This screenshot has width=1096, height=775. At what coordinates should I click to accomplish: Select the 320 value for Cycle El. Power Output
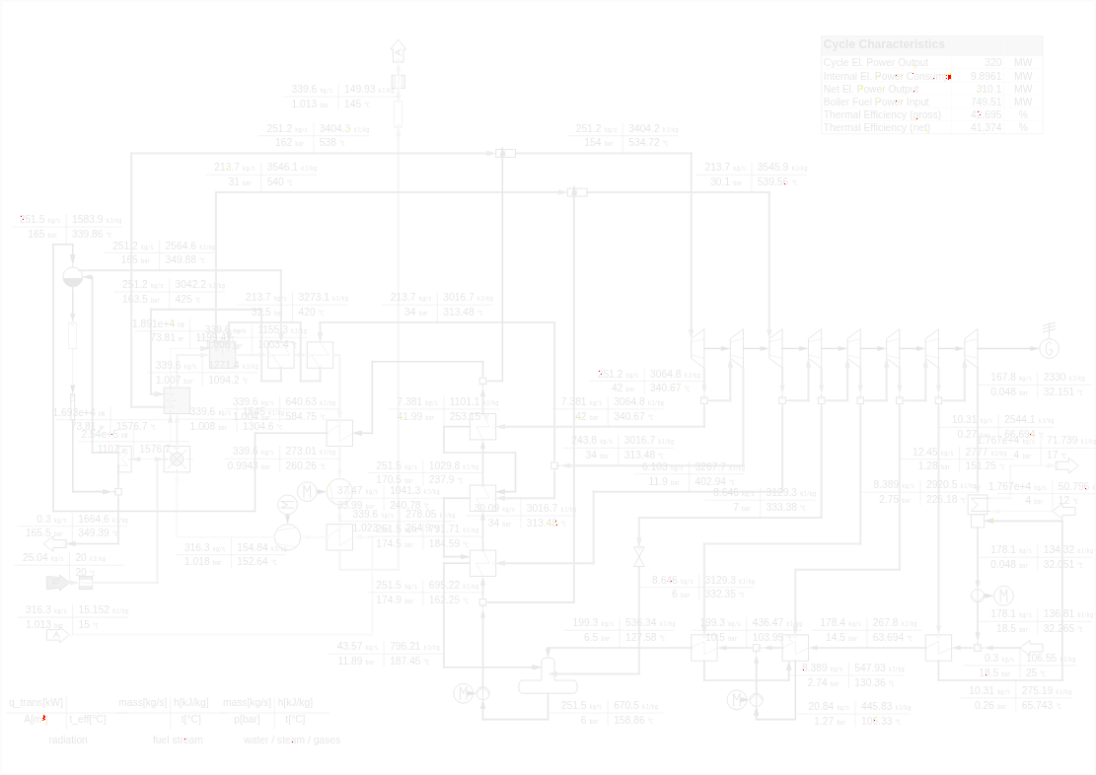(x=992, y=63)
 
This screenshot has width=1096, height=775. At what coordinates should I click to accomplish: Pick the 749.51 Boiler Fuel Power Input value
(x=986, y=102)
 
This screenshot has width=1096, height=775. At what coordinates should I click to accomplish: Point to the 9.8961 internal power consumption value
(x=986, y=76)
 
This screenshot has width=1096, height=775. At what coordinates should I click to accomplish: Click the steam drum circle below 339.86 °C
(x=72, y=277)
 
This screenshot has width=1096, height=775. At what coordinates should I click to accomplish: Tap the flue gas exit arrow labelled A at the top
(x=398, y=50)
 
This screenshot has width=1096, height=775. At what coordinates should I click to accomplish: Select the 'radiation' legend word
(x=68, y=740)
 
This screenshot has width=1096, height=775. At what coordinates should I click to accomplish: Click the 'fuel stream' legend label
(x=178, y=740)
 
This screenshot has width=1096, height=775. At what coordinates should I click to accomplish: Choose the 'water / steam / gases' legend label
(x=292, y=740)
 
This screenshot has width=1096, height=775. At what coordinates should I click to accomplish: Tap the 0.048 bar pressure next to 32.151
(x=1003, y=392)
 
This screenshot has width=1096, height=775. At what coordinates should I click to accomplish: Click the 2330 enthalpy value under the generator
(x=1054, y=378)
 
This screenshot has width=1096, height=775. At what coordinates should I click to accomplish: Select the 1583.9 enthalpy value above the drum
(x=88, y=220)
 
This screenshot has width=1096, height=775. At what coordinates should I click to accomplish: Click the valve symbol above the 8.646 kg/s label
(x=638, y=555)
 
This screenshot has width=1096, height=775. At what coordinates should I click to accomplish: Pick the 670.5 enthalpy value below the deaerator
(x=626, y=706)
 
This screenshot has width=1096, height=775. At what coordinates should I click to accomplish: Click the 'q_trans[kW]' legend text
(x=37, y=703)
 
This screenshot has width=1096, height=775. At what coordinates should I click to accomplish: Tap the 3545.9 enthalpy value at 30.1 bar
(x=772, y=168)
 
